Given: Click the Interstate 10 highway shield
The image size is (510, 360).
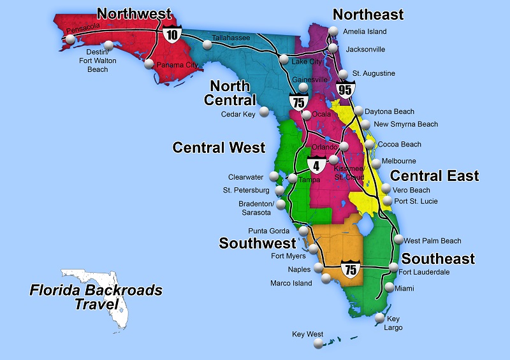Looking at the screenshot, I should [171, 33].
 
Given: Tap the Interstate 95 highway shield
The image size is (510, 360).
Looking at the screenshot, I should [346, 89].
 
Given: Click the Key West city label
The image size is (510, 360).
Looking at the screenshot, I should [308, 334].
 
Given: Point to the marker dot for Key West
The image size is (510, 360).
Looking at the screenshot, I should [317, 345].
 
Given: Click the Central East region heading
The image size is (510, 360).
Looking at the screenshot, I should [434, 176].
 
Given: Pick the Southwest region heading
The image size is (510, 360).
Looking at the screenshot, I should [258, 243].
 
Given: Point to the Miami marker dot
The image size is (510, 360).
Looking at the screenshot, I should [390, 288].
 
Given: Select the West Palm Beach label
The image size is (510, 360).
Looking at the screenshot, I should [432, 241].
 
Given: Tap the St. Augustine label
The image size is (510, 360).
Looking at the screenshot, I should [374, 74].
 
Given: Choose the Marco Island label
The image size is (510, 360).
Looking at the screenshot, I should [291, 283].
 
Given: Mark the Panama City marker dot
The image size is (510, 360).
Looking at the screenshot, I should [149, 64].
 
